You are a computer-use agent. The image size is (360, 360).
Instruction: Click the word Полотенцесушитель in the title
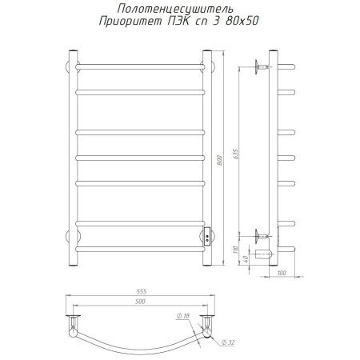point(175,9)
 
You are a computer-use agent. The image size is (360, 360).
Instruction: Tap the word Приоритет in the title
point(130,22)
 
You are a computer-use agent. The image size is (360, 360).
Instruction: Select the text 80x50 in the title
point(242,21)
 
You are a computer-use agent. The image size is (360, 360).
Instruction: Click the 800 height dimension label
point(220,160)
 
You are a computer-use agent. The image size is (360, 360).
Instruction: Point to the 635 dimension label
point(235,154)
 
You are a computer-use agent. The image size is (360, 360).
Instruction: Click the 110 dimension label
point(235,250)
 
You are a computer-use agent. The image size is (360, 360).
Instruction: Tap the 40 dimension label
point(246,258)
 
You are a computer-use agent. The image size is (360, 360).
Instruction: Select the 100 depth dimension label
point(282,273)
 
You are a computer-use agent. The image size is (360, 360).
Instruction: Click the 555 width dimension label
point(141,291)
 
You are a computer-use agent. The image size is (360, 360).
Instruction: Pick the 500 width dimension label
point(140,302)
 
